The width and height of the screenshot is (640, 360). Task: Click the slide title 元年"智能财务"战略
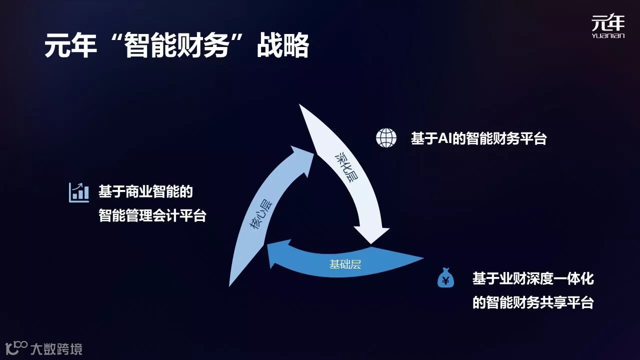pos(176,46)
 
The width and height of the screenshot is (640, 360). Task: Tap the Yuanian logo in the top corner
pos(607,26)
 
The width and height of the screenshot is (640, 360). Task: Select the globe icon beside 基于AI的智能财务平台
pos(386,137)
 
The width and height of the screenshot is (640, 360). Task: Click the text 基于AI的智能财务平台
pos(478,138)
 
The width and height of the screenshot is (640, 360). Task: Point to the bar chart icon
pos(78,192)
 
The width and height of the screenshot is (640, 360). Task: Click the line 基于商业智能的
pos(145,192)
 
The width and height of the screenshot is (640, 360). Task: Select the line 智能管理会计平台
pos(152,216)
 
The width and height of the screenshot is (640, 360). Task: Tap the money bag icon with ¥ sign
pos(445,278)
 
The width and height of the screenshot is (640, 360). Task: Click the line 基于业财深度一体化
pos(533,278)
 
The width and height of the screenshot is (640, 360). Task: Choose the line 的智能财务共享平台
pos(533,303)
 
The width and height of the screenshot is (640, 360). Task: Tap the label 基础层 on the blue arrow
pos(345,264)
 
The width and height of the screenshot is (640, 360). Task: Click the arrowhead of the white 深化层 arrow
pos(371,235)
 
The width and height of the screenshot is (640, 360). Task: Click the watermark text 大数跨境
pos(56,349)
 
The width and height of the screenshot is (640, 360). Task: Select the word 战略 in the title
pos(282,46)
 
